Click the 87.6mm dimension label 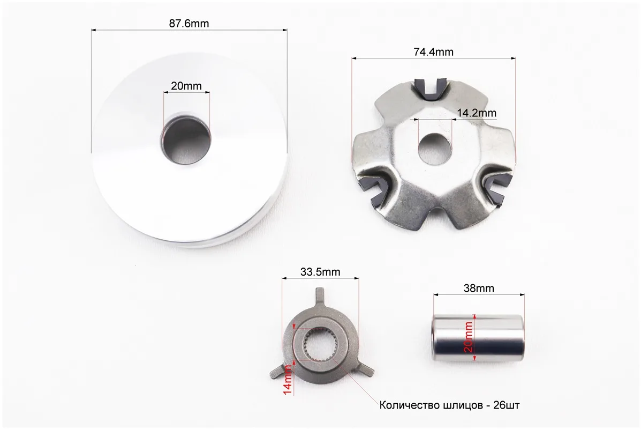tap(189, 24)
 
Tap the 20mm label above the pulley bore tap(186, 86)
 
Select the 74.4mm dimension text tap(433, 52)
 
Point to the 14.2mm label tap(477, 113)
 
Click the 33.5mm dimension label tap(320, 272)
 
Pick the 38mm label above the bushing tap(479, 288)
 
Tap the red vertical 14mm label tap(288, 380)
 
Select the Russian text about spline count tap(450, 405)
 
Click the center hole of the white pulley tap(186, 139)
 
